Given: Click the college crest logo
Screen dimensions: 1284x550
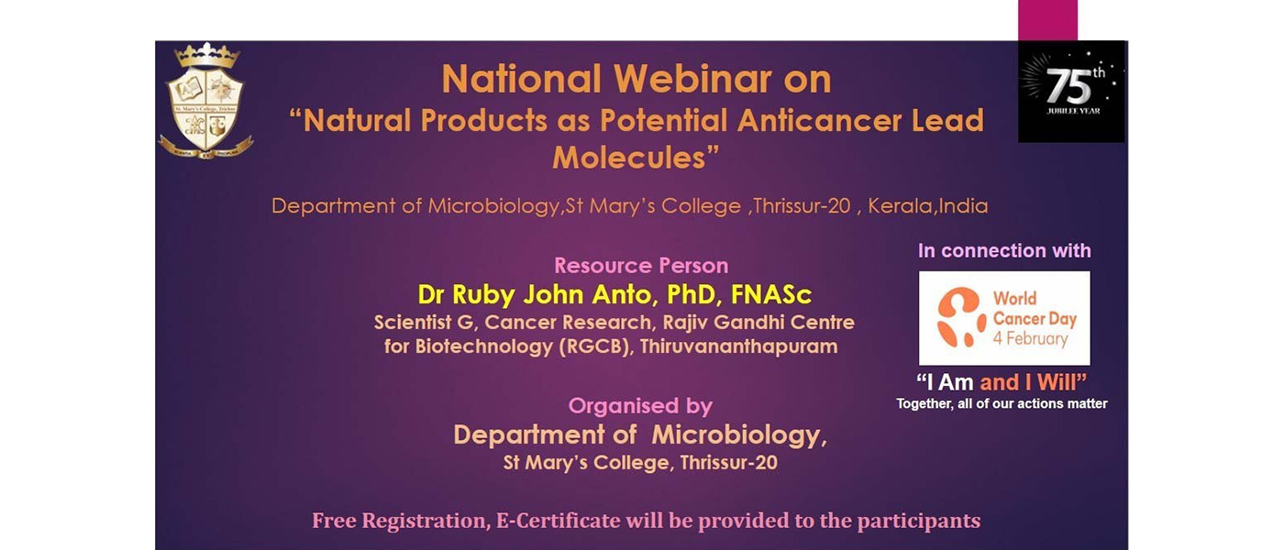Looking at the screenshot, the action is [205, 101].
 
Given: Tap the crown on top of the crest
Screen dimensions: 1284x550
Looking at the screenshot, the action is [207, 56].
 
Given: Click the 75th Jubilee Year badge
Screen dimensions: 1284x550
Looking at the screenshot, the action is [1071, 91].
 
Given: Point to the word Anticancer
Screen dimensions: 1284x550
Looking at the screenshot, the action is [820, 121].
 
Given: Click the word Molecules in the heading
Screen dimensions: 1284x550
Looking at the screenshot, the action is [629, 158].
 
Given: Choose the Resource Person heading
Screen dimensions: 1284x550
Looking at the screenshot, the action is [641, 266].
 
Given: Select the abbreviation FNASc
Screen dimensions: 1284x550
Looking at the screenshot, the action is [771, 294].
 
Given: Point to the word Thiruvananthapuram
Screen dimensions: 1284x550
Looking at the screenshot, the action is [739, 346].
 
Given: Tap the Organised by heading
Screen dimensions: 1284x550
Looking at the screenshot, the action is [640, 406].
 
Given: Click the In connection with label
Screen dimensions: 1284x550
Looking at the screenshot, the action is [1004, 251].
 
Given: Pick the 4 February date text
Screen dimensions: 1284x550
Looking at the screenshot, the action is [1030, 338].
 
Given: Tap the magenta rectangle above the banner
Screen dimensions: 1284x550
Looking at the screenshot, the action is [1047, 20].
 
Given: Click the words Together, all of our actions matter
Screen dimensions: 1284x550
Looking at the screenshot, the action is [1002, 404].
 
